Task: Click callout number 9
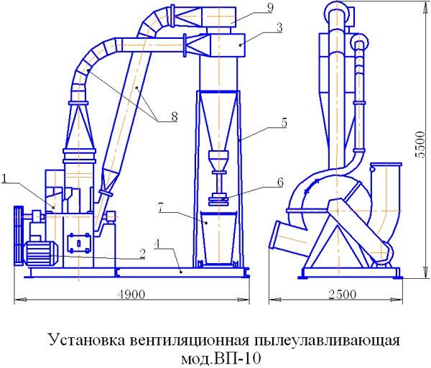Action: coord(270,8)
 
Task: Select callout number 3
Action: coord(279,28)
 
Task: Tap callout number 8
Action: coord(175,116)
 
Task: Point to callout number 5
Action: coord(284,123)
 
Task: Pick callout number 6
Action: coord(280,183)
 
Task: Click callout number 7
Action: coord(162,208)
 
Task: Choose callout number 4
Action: coord(157,244)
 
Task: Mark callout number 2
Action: coord(142,254)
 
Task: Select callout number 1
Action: coord(4,179)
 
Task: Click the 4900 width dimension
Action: coord(131,295)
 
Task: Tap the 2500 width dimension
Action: coord(342,295)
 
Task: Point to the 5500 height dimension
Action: coord(420,144)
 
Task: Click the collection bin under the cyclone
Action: coord(219,237)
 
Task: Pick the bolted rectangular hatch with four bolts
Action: coord(80,243)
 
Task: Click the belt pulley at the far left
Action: coord(19,235)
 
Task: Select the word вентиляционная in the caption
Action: coord(188,341)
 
